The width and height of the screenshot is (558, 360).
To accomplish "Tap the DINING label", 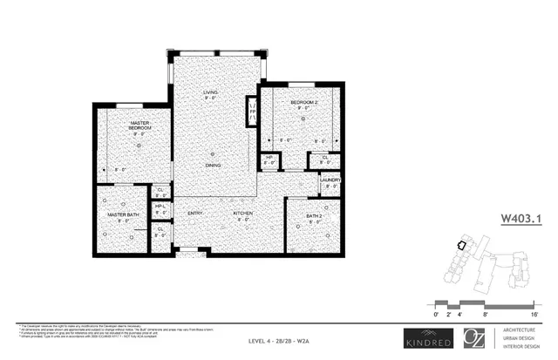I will click(x=212, y=164).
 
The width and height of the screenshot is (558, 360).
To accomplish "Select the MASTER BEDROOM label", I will click(x=140, y=126).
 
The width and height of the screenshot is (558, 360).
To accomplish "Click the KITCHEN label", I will click(x=242, y=214).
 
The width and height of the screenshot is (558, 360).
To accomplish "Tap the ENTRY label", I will click(x=194, y=214).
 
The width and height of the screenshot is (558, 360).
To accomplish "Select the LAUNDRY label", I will click(x=330, y=180).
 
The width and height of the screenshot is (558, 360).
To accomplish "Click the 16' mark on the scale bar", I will click(x=534, y=311).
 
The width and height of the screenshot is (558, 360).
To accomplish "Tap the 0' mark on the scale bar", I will click(x=436, y=311).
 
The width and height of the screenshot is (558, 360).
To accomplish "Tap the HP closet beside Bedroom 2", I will click(x=269, y=160).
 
